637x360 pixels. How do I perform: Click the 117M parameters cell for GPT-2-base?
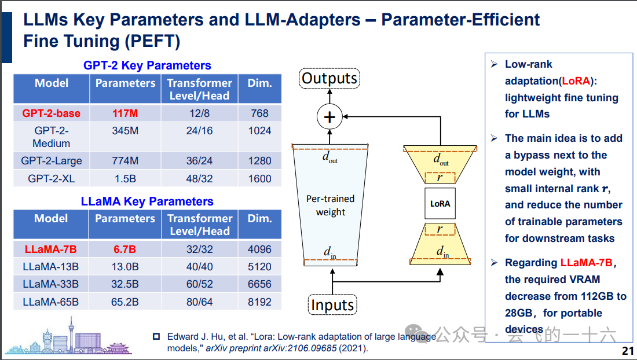click(x=125, y=113)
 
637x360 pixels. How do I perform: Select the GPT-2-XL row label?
click(x=51, y=178)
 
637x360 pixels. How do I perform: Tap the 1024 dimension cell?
click(x=259, y=131)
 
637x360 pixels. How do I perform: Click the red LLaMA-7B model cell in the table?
click(x=51, y=249)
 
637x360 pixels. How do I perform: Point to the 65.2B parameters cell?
click(x=125, y=302)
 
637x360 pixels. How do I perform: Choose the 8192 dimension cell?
click(x=259, y=302)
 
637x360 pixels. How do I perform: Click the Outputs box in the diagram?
click(x=330, y=78)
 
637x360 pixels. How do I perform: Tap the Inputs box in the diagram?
click(x=332, y=305)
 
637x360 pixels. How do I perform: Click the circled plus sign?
click(x=330, y=117)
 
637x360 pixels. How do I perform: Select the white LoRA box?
click(x=440, y=204)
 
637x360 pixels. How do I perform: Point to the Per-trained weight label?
click(x=330, y=205)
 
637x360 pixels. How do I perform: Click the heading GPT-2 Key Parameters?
click(x=147, y=65)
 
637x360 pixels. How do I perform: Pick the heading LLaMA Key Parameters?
click(x=147, y=201)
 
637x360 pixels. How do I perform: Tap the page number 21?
click(x=628, y=351)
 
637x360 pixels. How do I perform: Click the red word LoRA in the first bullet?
click(x=576, y=81)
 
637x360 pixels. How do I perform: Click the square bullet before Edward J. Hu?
click(x=156, y=336)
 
